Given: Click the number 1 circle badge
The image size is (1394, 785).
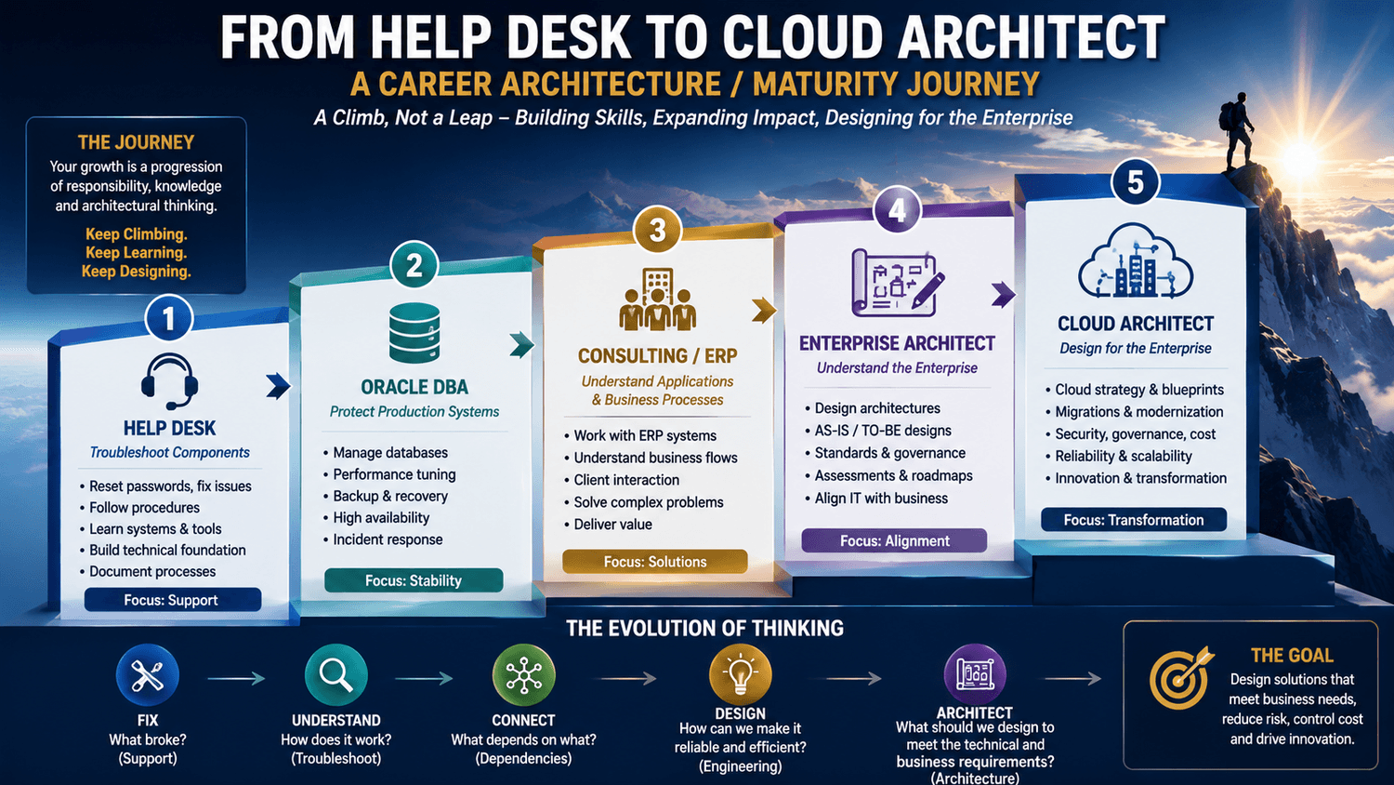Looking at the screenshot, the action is pos(168,318).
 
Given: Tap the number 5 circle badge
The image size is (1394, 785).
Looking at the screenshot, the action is pos(1135,182).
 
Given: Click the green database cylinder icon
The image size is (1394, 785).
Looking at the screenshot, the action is pos(414,333).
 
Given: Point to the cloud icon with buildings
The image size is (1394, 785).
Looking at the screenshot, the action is pos(1135,260).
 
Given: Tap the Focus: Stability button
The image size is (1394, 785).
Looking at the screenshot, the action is pos(414,580).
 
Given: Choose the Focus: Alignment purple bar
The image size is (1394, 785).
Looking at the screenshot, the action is pos(894,540).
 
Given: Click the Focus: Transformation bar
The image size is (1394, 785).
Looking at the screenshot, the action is pos(1134,520).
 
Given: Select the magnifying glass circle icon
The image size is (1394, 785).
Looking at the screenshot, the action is pos(336,675).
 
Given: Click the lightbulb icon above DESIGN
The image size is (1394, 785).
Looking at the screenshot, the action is pos(740,675).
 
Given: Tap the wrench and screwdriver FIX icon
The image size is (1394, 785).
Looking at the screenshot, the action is pos(148,675).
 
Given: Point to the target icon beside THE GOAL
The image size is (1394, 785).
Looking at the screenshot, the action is pos(1180,678).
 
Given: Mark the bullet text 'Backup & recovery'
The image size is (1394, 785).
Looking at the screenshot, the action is pos(390,496).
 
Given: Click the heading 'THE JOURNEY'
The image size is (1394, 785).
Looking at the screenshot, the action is pos(136,142).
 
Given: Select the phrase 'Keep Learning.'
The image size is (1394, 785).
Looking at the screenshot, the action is pos(137,252).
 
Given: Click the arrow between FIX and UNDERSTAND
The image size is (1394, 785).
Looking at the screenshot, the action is pos(236,678).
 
